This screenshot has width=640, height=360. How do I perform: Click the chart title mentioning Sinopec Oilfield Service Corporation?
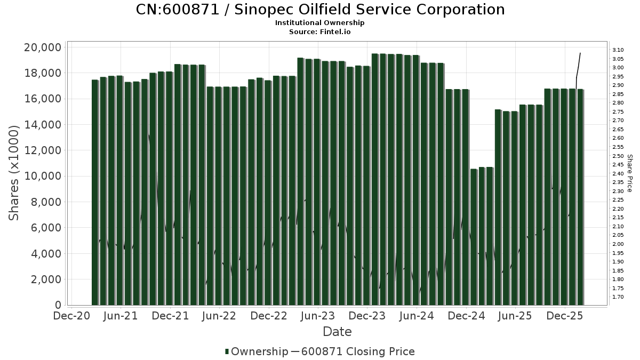tap(320, 10)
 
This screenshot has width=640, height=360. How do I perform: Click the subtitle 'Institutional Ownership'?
tap(320, 23)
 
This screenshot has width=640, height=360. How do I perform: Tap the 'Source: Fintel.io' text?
tap(320, 32)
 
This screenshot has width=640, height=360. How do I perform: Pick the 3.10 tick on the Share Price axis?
tap(618, 50)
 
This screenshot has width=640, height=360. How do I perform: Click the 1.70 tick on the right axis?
tap(618, 297)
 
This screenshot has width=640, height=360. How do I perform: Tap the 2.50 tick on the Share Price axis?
tap(618, 156)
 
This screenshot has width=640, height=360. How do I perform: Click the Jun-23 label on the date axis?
tap(318, 316)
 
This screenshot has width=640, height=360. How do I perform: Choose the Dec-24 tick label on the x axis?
tap(467, 316)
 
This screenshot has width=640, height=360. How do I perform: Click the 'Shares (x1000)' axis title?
tap(14, 173)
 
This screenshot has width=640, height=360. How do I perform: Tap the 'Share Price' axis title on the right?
tap(630, 173)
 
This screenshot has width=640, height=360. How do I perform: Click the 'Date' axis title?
tap(337, 332)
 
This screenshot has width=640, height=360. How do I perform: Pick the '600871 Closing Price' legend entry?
tap(357, 351)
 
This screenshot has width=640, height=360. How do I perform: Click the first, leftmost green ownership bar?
tap(95, 192)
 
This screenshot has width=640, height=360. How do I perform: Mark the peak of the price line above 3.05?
tap(580, 53)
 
